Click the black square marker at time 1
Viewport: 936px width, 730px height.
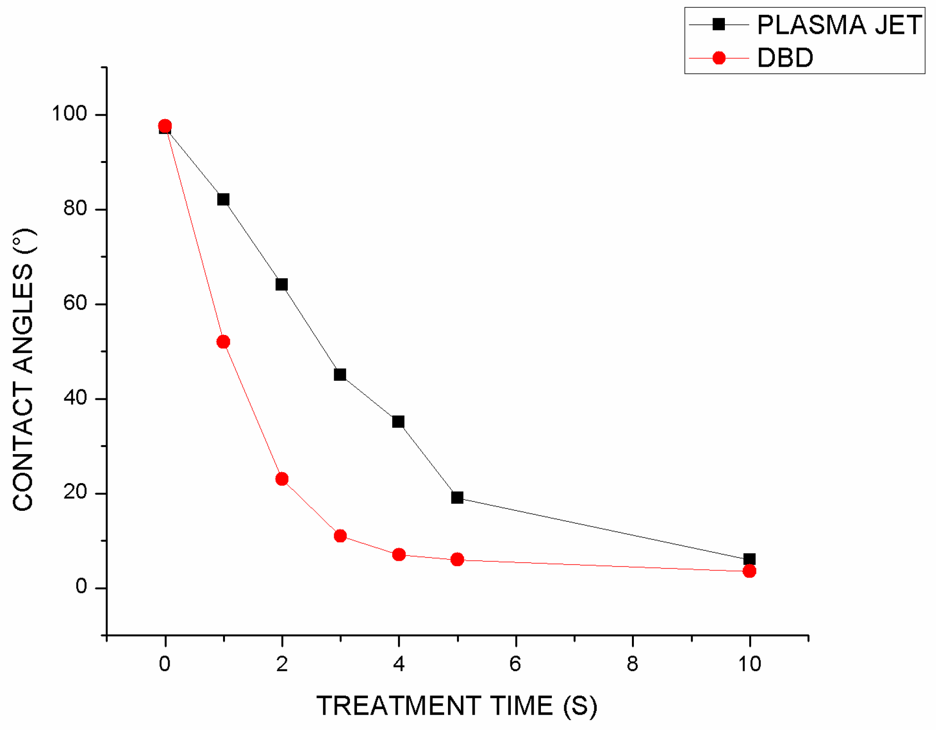pos(223,199)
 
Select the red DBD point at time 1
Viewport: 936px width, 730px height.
pos(223,342)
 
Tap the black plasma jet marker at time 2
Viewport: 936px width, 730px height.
pos(282,284)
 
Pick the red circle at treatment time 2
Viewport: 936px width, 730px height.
pos(282,479)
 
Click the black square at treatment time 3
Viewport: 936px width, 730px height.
pos(340,375)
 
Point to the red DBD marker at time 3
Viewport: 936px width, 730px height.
pos(340,536)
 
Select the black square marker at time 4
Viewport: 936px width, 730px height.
pos(398,422)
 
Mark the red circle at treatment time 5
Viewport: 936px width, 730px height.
pos(457,559)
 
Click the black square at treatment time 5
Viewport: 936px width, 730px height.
pos(457,497)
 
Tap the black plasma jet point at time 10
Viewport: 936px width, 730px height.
pos(749,559)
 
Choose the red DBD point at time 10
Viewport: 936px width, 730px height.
pos(749,571)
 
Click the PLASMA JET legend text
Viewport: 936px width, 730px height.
pos(839,25)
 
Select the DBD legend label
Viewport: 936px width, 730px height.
pos(785,58)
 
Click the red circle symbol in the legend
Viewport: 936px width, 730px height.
pos(719,58)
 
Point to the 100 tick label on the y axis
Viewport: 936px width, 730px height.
pos(69,114)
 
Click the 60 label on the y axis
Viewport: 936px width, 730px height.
pos(75,303)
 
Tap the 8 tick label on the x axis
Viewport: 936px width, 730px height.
pos(632,664)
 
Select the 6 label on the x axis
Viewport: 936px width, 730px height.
pos(515,664)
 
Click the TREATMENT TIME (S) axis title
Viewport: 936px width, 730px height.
pos(457,706)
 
